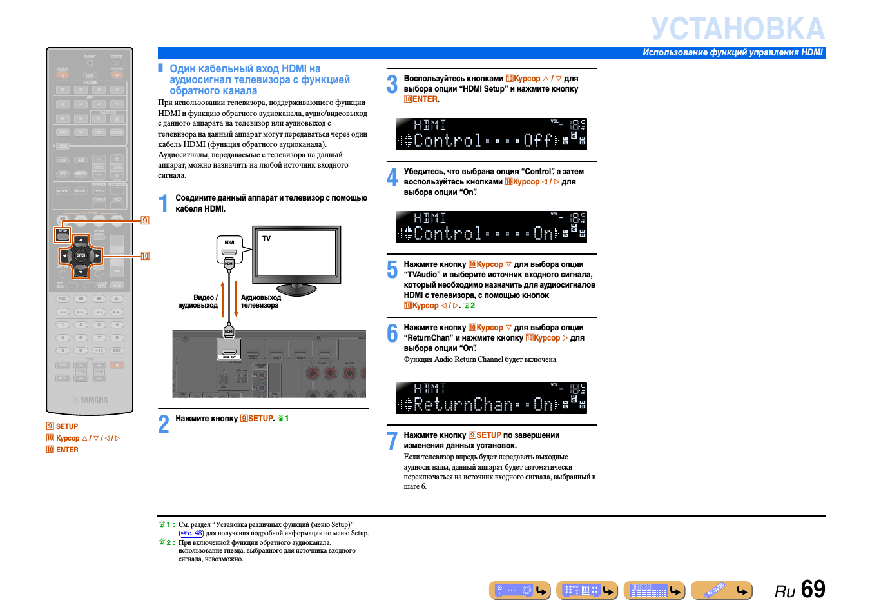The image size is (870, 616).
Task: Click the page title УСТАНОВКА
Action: click(737, 29)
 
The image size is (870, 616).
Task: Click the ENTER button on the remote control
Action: click(81, 255)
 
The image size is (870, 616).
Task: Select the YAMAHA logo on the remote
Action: click(90, 400)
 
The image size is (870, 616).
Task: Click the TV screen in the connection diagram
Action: click(297, 253)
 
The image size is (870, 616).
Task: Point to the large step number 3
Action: click(392, 84)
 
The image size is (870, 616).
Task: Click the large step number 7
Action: click(392, 441)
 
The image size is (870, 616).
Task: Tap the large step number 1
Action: click(164, 204)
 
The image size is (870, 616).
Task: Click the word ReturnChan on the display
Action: click(463, 404)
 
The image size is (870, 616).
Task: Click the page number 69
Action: click(813, 589)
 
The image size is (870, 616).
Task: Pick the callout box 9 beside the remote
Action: click(145, 221)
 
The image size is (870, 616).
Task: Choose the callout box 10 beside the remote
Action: click(145, 256)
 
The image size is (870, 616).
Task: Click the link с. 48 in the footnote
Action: click(191, 533)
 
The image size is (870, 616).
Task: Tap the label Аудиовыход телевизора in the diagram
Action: click(260, 301)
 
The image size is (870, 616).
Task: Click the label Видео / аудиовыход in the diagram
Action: click(198, 301)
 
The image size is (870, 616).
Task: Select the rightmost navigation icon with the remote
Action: click(721, 590)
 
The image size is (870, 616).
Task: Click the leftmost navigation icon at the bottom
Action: click(519, 590)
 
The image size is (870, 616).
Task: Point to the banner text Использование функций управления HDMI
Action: click(732, 53)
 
